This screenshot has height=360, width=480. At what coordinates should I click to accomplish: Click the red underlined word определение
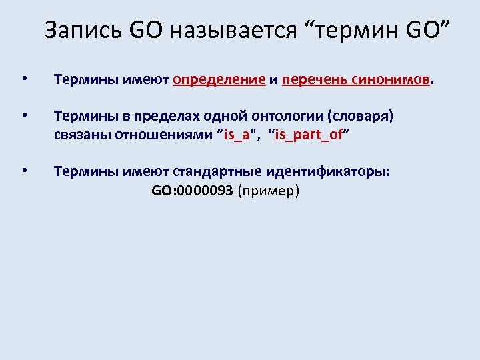219,81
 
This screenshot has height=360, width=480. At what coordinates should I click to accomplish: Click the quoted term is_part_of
308,136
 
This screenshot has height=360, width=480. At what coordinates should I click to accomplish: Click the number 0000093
203,191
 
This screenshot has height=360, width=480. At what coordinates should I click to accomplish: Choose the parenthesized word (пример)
269,191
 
